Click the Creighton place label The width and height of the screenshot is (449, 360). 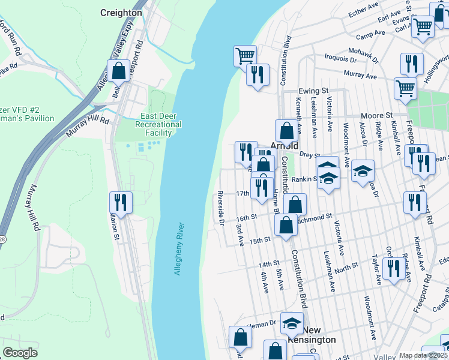click(x=121, y=12)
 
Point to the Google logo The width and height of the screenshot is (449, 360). click(x=20, y=353)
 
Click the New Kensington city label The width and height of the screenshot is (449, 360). click(x=312, y=335)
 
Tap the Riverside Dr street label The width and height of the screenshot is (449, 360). click(x=221, y=209)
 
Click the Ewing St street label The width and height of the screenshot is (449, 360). click(x=314, y=91)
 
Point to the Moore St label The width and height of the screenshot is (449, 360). click(x=376, y=115)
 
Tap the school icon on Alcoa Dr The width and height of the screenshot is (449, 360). click(x=363, y=171)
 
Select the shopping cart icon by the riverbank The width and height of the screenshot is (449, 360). click(x=245, y=56)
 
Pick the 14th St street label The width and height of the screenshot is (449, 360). click(x=269, y=264)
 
